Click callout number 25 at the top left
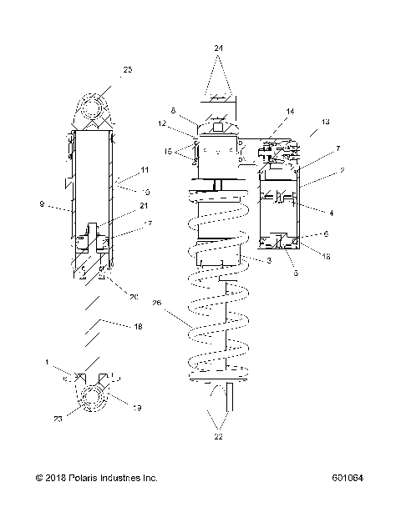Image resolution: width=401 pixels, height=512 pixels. [x=127, y=70]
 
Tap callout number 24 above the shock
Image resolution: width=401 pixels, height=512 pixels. [x=218, y=48]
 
